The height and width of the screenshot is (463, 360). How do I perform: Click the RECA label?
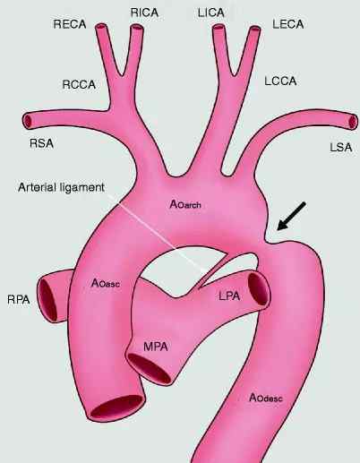coord(70,24)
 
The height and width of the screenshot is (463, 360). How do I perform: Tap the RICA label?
coord(144,13)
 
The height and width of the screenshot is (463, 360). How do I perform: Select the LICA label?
coord(210,13)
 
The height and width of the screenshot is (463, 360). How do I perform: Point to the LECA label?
coord(287,24)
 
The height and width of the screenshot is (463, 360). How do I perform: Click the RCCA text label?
coord(79,84)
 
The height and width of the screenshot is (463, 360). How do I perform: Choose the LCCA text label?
coord(280,81)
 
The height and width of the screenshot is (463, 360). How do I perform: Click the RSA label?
coord(41,143)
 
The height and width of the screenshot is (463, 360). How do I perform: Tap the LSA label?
coord(341,148)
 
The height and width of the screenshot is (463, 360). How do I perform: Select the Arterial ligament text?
coord(61,187)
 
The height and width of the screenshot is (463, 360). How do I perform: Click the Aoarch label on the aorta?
coord(185,204)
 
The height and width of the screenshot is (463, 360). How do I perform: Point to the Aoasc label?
coord(106,282)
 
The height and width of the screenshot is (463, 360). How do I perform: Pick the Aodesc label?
coord(265,398)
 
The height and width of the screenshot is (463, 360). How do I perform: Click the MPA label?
coord(156,347)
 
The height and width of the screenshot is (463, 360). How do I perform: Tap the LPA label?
coord(229,296)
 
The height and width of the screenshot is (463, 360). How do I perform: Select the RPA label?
coord(19,299)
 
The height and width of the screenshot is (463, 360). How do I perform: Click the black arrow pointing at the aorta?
coord(291,216)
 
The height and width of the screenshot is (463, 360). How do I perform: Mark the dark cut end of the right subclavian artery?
coord(28,121)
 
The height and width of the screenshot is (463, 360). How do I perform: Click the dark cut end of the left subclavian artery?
coord(353,122)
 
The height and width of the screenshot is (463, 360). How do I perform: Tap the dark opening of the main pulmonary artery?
coord(150,368)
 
